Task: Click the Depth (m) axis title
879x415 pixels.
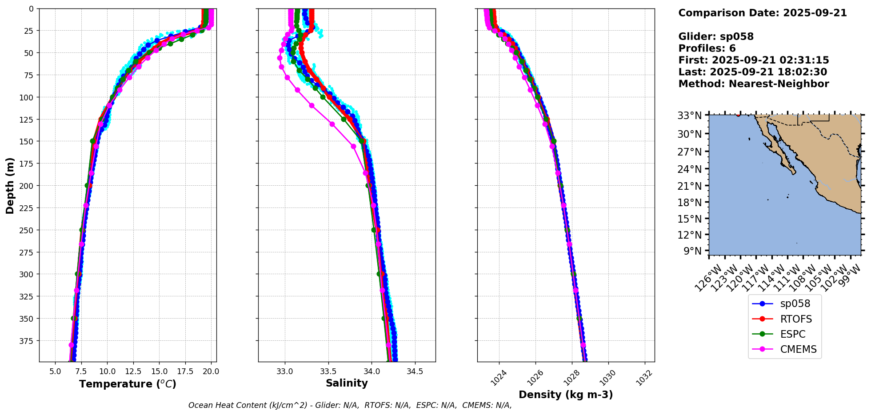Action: pos(10,185)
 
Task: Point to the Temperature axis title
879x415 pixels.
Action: pos(128,384)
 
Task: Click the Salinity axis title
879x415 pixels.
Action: pos(347,383)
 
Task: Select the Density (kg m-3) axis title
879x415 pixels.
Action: pos(566,395)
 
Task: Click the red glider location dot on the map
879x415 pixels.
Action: pos(738,115)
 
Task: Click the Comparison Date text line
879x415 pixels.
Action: pos(763,13)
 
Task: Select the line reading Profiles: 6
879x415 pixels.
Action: pos(707,48)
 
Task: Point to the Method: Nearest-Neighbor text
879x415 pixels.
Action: pos(754,84)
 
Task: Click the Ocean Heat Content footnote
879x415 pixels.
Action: pos(350,405)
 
